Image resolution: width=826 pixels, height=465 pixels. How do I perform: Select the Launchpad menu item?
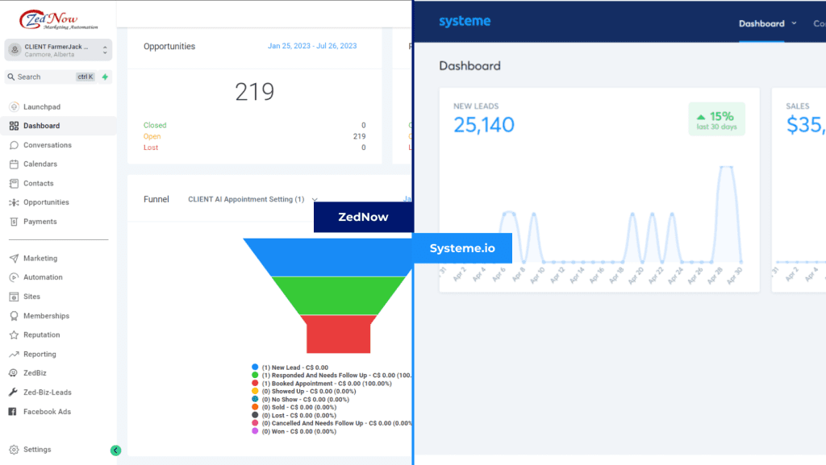pyautogui.click(x=41, y=106)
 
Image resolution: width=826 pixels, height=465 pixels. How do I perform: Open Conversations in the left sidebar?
pyautogui.click(x=47, y=145)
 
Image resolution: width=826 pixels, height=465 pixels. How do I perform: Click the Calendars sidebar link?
pyautogui.click(x=40, y=164)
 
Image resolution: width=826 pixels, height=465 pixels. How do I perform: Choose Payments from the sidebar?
pyautogui.click(x=40, y=222)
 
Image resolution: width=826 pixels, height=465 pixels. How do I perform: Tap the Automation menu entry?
pyautogui.click(x=43, y=277)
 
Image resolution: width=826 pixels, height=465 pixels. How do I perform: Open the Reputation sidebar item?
pyautogui.click(x=41, y=334)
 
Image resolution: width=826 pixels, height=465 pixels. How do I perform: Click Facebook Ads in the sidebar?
pyautogui.click(x=47, y=412)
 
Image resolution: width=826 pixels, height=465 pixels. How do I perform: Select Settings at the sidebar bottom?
pyautogui.click(x=36, y=450)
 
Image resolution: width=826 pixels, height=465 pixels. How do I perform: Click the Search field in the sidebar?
pyautogui.click(x=44, y=77)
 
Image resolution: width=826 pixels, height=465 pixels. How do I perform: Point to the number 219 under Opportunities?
pyautogui.click(x=255, y=92)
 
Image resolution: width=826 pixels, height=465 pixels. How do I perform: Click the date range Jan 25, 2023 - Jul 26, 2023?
pyautogui.click(x=312, y=47)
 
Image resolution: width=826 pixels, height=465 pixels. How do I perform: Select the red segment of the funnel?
pyautogui.click(x=338, y=334)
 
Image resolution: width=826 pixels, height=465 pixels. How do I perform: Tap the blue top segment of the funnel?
pyautogui.click(x=327, y=257)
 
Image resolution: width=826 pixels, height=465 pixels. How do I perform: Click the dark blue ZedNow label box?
pyautogui.click(x=363, y=217)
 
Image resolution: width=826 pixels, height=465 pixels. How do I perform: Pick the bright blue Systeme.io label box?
pyautogui.click(x=461, y=248)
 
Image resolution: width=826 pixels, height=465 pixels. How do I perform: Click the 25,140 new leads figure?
pyautogui.click(x=483, y=124)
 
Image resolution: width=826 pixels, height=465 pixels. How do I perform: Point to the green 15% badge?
pyautogui.click(x=716, y=119)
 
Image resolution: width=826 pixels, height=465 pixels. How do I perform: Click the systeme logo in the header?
pyautogui.click(x=464, y=22)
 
